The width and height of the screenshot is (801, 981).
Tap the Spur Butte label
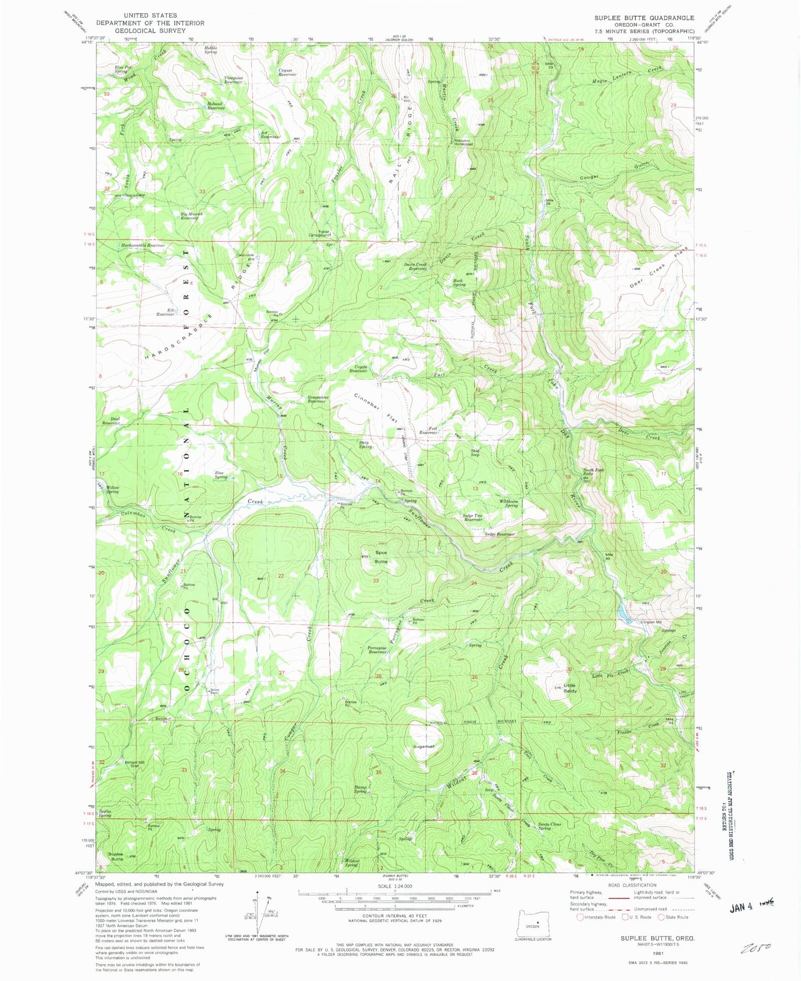tap(381, 557)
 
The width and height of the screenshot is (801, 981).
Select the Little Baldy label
tap(569, 688)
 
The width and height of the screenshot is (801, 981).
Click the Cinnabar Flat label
tap(375, 408)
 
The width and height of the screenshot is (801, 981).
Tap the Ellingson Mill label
tap(635, 622)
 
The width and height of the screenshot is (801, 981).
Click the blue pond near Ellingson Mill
tap(623, 612)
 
